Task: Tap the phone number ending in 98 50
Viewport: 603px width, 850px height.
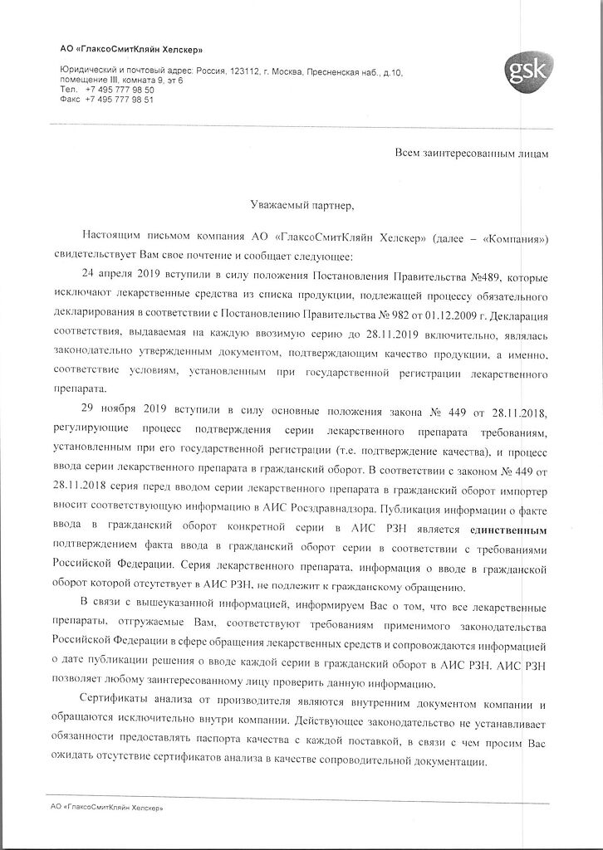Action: pos(120,89)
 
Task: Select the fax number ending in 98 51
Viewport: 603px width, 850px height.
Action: pos(120,99)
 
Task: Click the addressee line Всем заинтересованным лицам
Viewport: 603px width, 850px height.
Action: pos(471,154)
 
